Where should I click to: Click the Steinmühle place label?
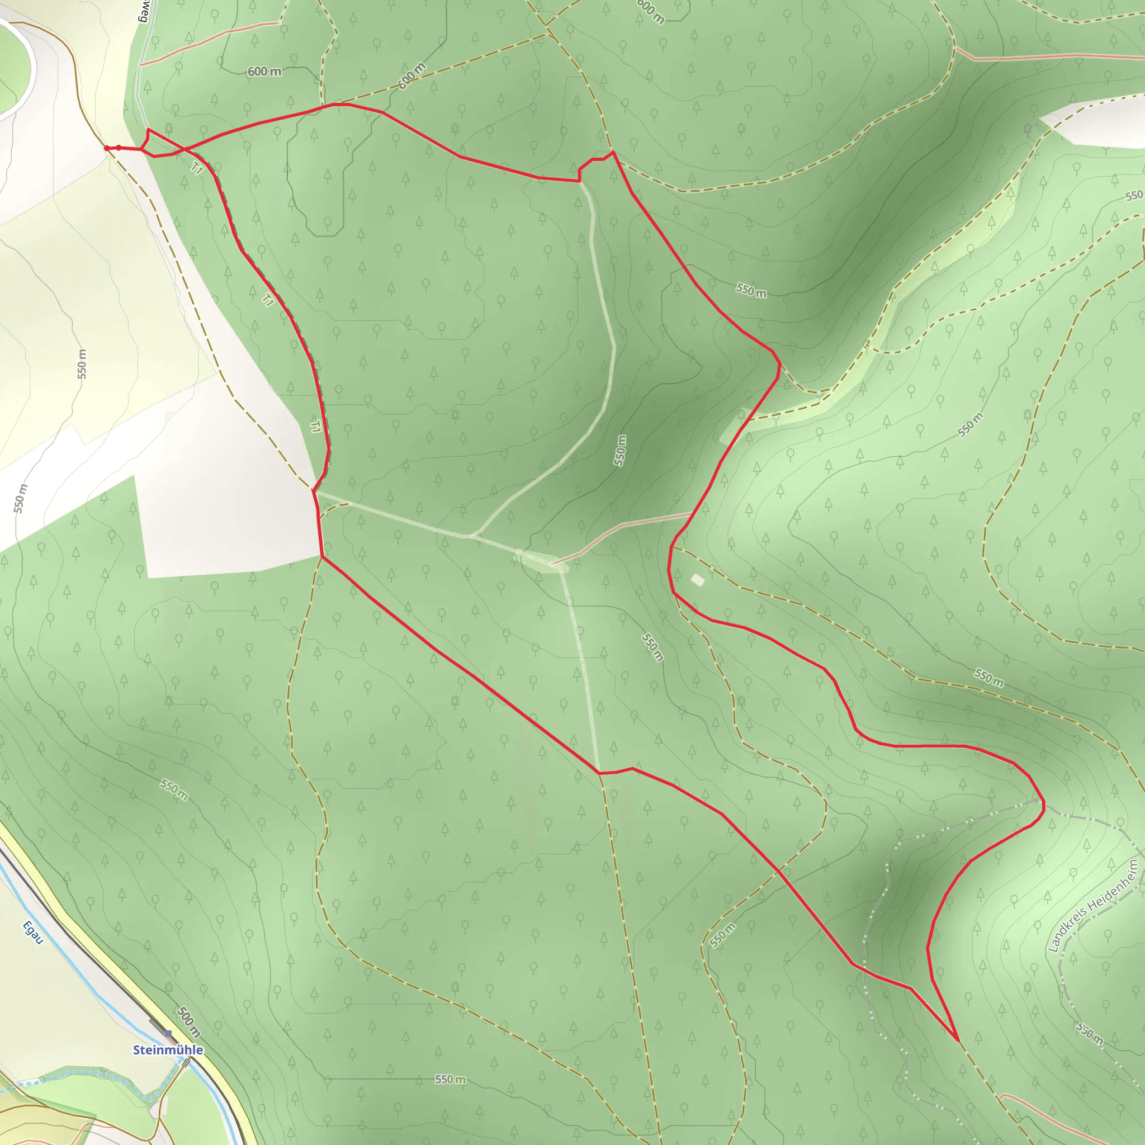point(168,1049)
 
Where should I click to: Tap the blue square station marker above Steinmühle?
point(168,1034)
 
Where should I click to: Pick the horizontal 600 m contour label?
point(264,72)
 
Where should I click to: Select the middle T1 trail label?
point(268,300)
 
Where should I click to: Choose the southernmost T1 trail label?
point(316,426)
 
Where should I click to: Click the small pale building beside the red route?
point(698,580)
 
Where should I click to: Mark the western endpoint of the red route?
point(107,148)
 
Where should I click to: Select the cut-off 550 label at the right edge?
point(1134,196)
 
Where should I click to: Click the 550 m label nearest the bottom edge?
point(451,1079)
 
